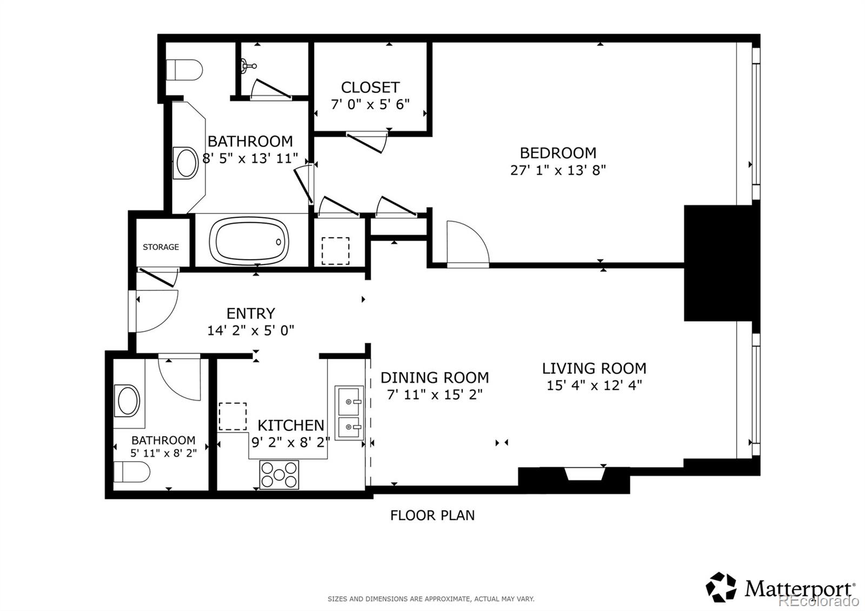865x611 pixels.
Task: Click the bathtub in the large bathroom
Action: tap(249, 241)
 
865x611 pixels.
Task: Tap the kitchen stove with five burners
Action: tap(279, 474)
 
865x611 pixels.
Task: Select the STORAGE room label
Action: tap(161, 247)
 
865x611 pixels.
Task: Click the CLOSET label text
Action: tap(370, 88)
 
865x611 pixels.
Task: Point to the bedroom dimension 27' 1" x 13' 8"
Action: tap(558, 170)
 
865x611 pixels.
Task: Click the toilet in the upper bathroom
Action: tap(184, 70)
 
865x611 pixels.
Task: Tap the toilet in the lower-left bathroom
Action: tap(132, 471)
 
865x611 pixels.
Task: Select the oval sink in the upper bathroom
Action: tap(186, 163)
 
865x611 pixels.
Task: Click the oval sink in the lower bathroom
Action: tap(128, 401)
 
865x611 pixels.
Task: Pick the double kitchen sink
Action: tap(349, 413)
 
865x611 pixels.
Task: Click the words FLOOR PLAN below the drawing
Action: tap(432, 516)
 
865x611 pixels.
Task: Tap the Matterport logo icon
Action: tap(721, 587)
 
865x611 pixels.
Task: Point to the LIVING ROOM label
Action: tap(594, 368)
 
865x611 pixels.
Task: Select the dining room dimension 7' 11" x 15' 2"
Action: tap(435, 395)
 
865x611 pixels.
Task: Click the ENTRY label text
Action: tap(251, 313)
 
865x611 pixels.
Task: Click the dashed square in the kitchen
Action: tap(232, 416)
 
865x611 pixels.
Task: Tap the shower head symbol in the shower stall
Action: tap(248, 65)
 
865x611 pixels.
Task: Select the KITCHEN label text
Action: tap(291, 426)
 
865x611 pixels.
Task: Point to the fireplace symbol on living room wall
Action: tap(584, 474)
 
